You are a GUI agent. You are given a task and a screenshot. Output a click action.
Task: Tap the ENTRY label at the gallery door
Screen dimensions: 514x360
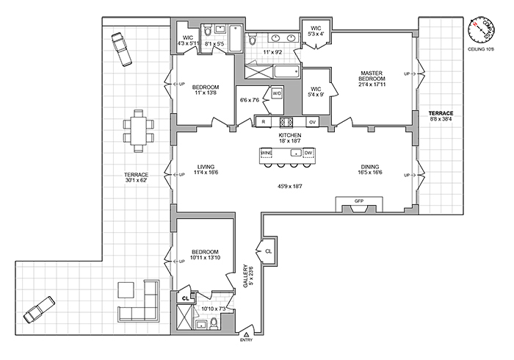coord(245,340)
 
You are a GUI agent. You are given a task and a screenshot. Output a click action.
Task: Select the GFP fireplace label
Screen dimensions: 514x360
coord(359,200)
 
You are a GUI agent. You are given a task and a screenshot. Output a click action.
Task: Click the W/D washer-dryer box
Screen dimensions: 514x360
coord(277,94)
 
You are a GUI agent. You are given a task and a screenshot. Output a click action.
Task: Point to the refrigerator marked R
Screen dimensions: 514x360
coord(263,121)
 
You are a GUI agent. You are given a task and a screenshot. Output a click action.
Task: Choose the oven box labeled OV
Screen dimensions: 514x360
coord(312,121)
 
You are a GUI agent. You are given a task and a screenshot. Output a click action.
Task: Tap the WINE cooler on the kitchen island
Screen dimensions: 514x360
coord(267,154)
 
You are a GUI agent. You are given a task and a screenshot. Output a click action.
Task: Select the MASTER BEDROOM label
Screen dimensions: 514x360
coord(373,77)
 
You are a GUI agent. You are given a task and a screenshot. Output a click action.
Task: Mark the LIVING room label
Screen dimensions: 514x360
coord(200,168)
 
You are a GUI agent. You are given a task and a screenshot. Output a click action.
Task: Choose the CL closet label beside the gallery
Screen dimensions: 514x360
coord(268,251)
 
